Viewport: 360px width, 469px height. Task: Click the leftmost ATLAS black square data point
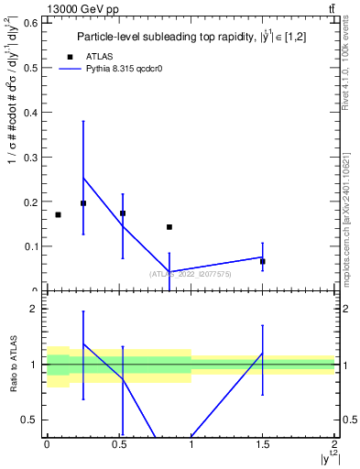click(x=58, y=214)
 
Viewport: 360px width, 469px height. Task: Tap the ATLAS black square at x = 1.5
click(x=263, y=261)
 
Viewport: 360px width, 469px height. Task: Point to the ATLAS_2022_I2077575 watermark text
click(x=191, y=274)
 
